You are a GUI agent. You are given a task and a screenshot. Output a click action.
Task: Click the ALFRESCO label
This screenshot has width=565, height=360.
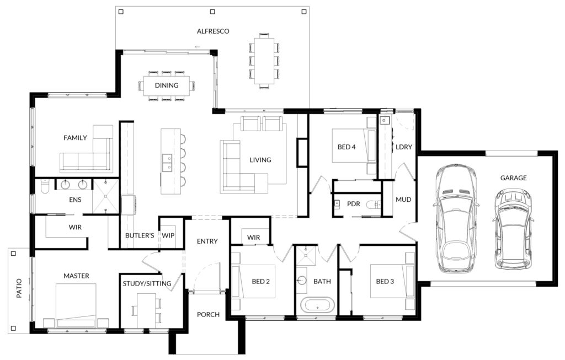point(213,31)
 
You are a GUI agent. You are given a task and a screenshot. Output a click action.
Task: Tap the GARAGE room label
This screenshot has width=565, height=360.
point(513,178)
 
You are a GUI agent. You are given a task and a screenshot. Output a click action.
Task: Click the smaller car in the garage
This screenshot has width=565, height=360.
point(513,229)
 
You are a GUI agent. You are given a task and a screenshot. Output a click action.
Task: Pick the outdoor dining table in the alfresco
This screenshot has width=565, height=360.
point(264,61)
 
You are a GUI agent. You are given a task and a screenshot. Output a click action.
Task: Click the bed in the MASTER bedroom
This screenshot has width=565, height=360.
point(76,305)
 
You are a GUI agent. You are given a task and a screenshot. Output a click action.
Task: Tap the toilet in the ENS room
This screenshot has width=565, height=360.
point(44,186)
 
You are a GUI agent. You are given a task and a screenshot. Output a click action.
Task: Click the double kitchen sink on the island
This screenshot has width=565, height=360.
point(167,163)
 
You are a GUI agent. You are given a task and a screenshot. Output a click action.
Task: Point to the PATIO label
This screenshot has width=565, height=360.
point(19,288)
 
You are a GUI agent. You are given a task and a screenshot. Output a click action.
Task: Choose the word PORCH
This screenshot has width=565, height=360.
point(208,315)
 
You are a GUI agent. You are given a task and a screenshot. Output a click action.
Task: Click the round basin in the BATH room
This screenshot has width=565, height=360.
point(302,280)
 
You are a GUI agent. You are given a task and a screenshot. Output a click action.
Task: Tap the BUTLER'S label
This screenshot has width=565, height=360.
point(140,235)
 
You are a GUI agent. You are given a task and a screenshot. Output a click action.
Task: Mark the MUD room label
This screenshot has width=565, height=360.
point(403,200)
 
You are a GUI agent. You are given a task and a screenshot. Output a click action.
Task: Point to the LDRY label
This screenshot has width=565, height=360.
point(403,147)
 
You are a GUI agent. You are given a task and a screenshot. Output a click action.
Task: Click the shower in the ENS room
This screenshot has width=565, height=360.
point(105,196)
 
